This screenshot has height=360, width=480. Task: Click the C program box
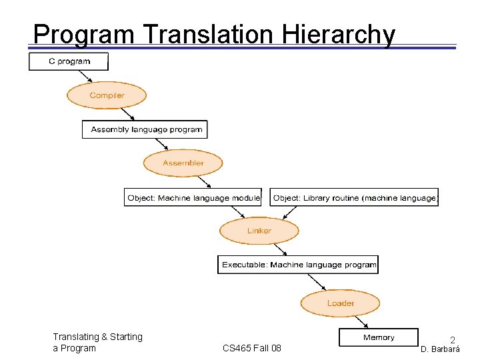click(x=68, y=61)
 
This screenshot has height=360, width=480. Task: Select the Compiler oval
click(x=107, y=95)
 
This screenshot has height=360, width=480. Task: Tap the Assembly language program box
click(x=145, y=129)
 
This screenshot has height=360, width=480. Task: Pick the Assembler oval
click(x=183, y=163)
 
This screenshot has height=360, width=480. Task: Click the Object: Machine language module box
click(x=193, y=197)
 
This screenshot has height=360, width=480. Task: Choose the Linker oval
click(x=259, y=231)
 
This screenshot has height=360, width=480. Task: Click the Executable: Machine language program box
click(x=298, y=265)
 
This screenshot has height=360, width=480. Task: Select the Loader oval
click(x=341, y=303)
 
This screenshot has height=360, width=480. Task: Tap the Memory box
click(x=379, y=337)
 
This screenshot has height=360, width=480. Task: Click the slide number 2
click(x=452, y=340)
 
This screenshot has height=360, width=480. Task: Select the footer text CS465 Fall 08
click(x=252, y=348)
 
